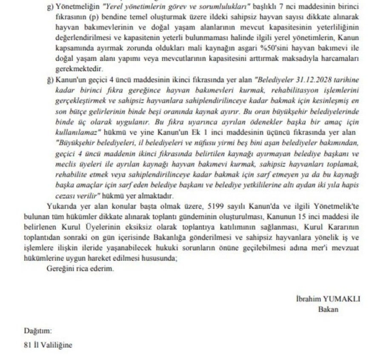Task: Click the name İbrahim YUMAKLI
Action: [x=328, y=299]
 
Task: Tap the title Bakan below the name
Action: [x=328, y=309]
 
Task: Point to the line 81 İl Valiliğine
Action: [x=48, y=345]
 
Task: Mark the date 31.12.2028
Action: [x=330, y=80]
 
